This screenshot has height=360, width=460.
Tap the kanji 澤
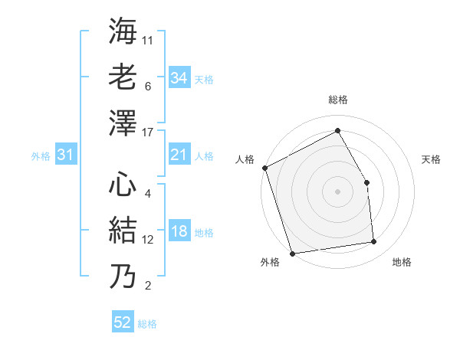pyautogui.click(x=123, y=123)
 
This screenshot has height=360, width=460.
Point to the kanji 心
pyautogui.click(x=123, y=185)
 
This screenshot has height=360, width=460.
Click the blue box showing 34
pyautogui.click(x=179, y=77)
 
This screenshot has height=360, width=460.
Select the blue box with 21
pyautogui.click(x=179, y=155)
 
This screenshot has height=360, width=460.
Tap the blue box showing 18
pyautogui.click(x=179, y=232)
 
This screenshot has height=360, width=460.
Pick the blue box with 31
pyautogui.click(x=65, y=155)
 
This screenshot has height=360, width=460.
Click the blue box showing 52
pyautogui.click(x=123, y=322)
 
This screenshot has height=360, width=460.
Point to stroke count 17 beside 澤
pyautogui.click(x=149, y=133)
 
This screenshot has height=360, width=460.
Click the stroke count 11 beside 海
pyautogui.click(x=148, y=39)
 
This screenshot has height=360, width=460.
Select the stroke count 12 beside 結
pyautogui.click(x=149, y=240)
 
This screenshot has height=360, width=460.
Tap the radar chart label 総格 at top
pyautogui.click(x=337, y=100)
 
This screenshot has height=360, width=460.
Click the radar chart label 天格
pyautogui.click(x=432, y=159)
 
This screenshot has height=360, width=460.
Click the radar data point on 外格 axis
pyautogui.click(x=292, y=253)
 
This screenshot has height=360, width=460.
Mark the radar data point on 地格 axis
pyautogui.click(x=374, y=242)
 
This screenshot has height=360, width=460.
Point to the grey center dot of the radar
pyautogui.click(x=337, y=191)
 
